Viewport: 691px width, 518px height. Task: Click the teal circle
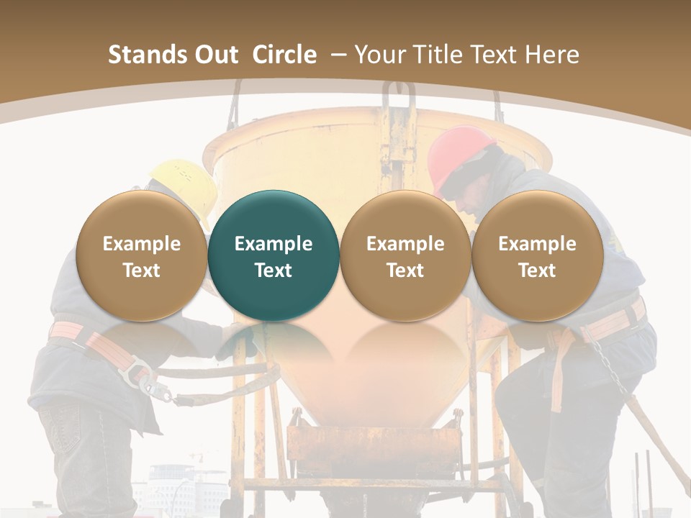click(x=273, y=255)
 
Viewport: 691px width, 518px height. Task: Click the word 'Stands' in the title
click(x=147, y=55)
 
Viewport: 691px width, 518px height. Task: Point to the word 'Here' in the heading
click(x=553, y=55)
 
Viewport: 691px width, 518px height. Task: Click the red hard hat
click(x=461, y=155)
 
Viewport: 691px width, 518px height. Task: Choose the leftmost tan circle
click(x=141, y=255)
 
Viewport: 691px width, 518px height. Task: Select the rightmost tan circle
click(x=537, y=255)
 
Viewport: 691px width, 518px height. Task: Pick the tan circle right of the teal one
click(x=405, y=255)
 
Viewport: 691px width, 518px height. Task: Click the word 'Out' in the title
click(x=216, y=55)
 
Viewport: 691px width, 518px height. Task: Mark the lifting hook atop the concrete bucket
click(x=398, y=101)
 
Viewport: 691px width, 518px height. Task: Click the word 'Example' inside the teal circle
click(x=273, y=244)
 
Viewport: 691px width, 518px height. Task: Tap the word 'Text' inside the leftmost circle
click(x=141, y=271)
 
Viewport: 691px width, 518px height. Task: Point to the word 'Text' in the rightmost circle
click(x=537, y=271)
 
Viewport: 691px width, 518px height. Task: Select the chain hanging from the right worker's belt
click(x=609, y=367)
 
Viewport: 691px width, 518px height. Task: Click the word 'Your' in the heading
click(x=378, y=55)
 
